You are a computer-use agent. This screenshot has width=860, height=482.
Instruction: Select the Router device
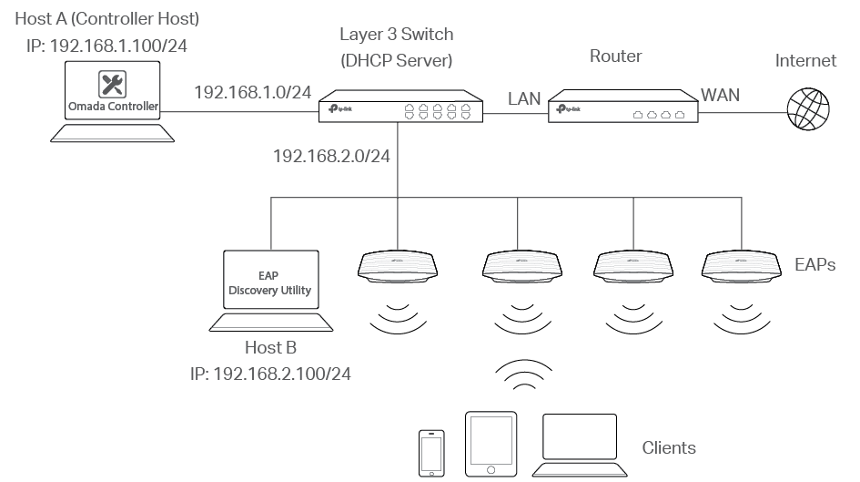click(x=623, y=108)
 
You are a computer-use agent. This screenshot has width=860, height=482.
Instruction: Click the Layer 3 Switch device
click(x=400, y=107)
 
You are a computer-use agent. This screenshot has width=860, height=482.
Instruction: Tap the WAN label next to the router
click(x=719, y=94)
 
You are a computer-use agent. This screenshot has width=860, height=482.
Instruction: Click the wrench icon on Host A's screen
click(x=113, y=85)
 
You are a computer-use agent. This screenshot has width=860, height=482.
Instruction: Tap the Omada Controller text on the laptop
click(x=113, y=107)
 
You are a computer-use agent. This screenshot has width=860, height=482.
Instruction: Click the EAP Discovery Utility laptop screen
click(x=268, y=282)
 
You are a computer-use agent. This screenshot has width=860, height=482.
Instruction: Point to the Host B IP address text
click(x=270, y=374)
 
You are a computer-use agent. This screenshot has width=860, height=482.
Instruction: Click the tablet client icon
click(x=491, y=443)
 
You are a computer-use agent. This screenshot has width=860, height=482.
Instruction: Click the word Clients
click(x=669, y=447)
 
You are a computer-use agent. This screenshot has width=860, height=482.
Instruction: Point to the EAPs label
click(x=814, y=265)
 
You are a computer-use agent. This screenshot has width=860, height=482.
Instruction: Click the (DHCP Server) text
click(x=396, y=61)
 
